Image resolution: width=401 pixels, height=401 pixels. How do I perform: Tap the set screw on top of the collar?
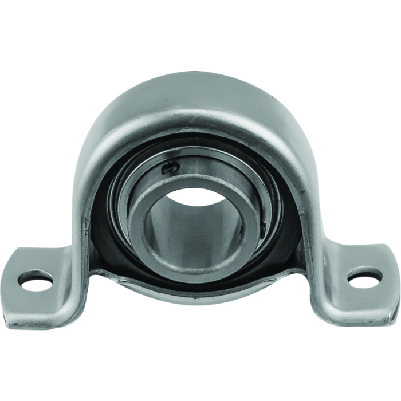tap(167, 168)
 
